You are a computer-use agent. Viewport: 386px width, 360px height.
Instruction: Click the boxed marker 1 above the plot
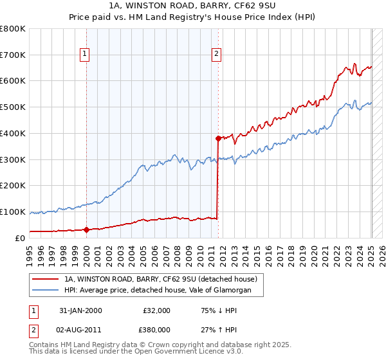(86, 54)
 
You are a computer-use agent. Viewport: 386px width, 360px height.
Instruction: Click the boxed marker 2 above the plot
(217, 54)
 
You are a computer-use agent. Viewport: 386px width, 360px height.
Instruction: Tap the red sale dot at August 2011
(218, 138)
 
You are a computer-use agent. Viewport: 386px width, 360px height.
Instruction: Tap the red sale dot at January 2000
(87, 230)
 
